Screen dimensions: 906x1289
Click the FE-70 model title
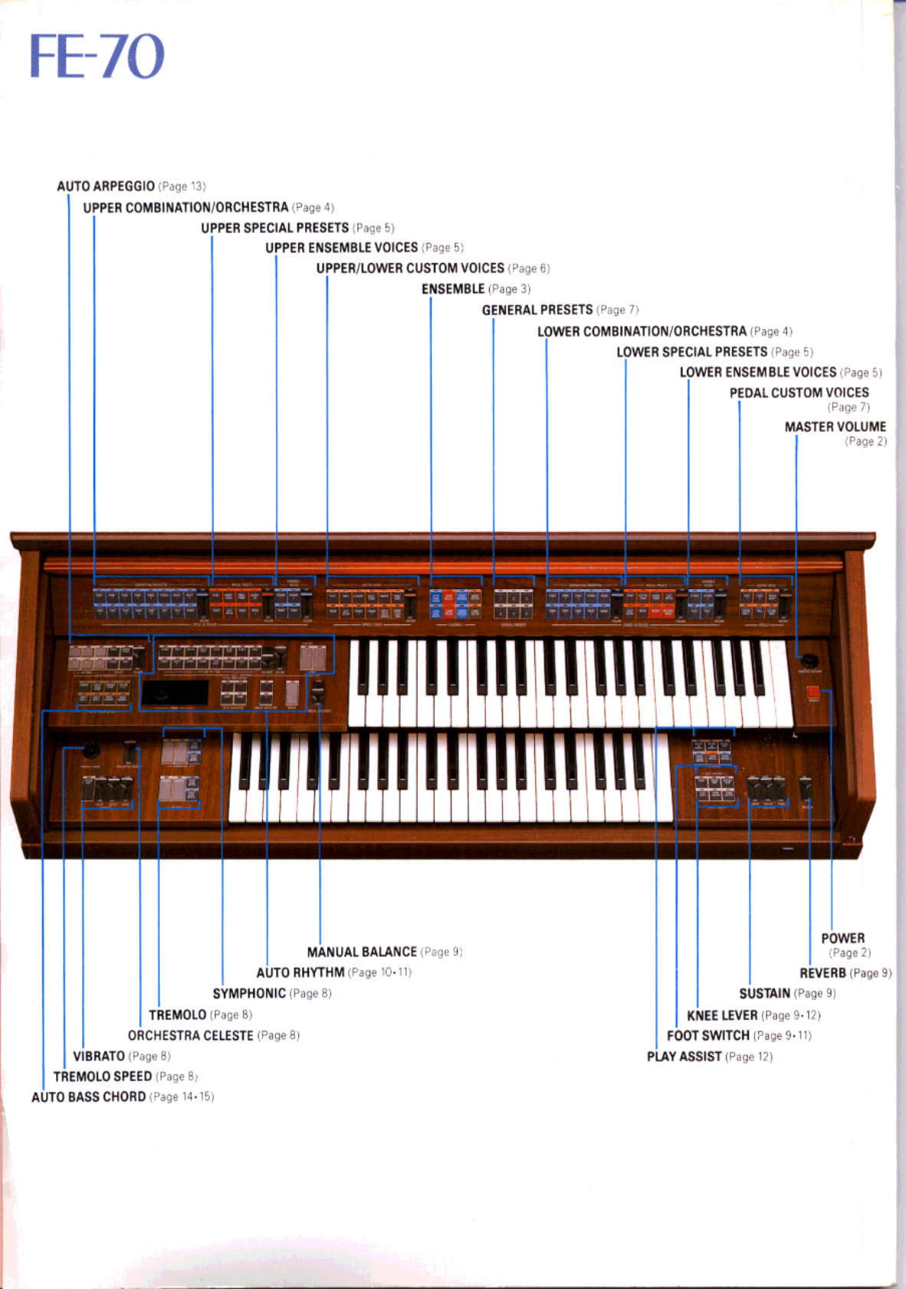pyautogui.click(x=97, y=56)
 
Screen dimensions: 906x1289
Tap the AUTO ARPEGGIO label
pyautogui.click(x=106, y=186)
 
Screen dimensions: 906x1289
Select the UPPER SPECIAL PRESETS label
pyautogui.click(x=274, y=228)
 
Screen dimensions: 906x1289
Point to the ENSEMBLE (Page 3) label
pyautogui.click(x=453, y=289)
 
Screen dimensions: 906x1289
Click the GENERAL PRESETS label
pyautogui.click(x=537, y=310)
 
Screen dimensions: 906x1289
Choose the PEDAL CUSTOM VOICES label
pyautogui.click(x=799, y=393)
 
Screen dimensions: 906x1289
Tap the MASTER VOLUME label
pyautogui.click(x=835, y=427)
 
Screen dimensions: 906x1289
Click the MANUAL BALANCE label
pyautogui.click(x=362, y=952)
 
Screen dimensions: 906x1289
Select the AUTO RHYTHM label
pyautogui.click(x=300, y=972)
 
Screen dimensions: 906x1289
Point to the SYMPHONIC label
pyautogui.click(x=249, y=994)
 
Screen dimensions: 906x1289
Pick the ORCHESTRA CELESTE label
pyautogui.click(x=190, y=1035)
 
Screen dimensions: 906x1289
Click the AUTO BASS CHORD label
pyautogui.click(x=88, y=1097)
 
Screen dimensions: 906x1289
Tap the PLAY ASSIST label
pyautogui.click(x=684, y=1057)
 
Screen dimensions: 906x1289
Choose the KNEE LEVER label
pyautogui.click(x=722, y=1015)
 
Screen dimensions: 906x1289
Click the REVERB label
pyautogui.click(x=822, y=973)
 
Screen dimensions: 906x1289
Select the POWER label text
pyautogui.click(x=842, y=938)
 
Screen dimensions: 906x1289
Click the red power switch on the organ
pyautogui.click(x=813, y=693)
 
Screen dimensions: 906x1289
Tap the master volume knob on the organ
pyautogui.click(x=809, y=660)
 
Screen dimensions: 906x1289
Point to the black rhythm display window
pyautogui.click(x=175, y=693)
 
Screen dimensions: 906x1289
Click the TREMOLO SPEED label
pyautogui.click(x=102, y=1077)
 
